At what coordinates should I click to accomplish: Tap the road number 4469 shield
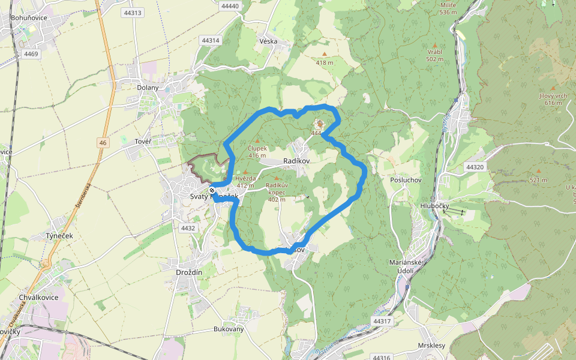[31, 54]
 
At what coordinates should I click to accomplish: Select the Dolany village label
[148, 88]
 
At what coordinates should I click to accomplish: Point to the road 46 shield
[104, 142]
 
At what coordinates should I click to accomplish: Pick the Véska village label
[268, 41]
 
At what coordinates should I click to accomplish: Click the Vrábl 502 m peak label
[434, 55]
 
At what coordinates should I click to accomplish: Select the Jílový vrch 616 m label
[553, 99]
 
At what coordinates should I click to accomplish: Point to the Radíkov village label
[296, 161]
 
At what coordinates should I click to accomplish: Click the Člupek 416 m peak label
[257, 151]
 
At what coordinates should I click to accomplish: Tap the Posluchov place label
[406, 180]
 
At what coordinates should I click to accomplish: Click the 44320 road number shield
[474, 167]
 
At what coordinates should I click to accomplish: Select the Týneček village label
[59, 236]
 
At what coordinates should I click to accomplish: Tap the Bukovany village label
[229, 329]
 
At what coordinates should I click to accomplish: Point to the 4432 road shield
[188, 228]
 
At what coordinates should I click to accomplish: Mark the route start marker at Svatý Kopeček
[212, 190]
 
